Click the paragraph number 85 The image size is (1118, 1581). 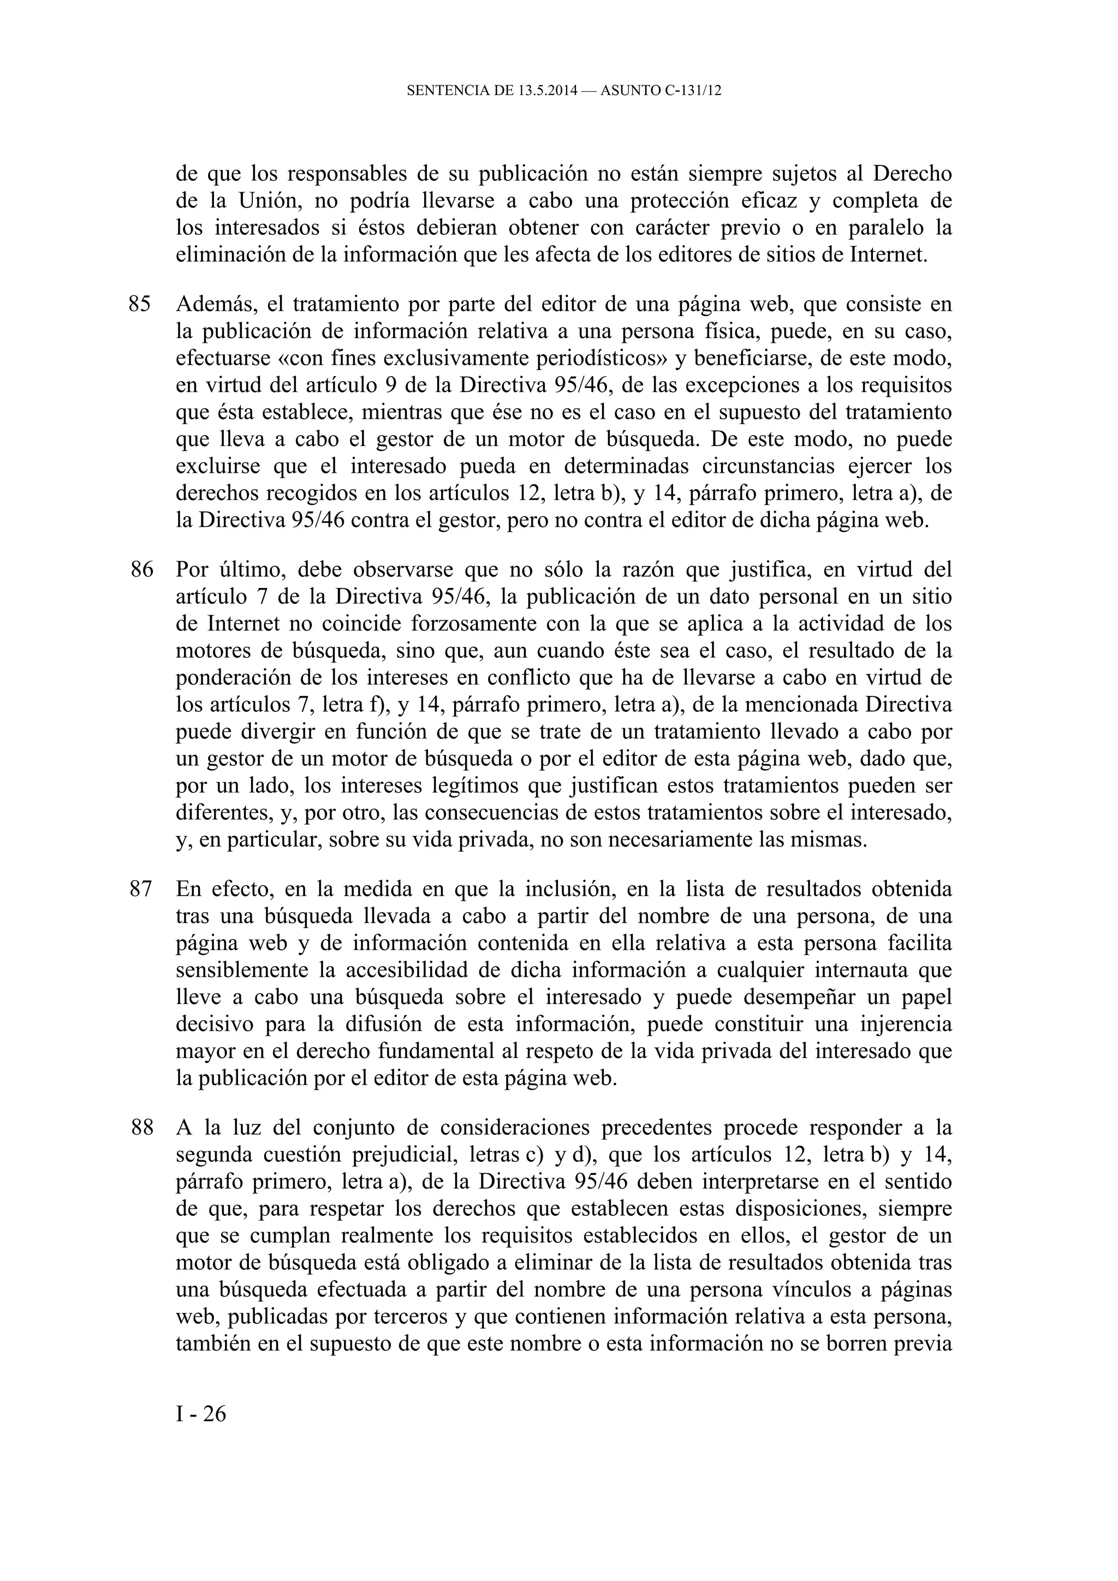click(x=139, y=304)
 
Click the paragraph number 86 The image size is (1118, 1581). click(x=142, y=569)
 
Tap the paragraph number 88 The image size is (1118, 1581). click(x=142, y=1128)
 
